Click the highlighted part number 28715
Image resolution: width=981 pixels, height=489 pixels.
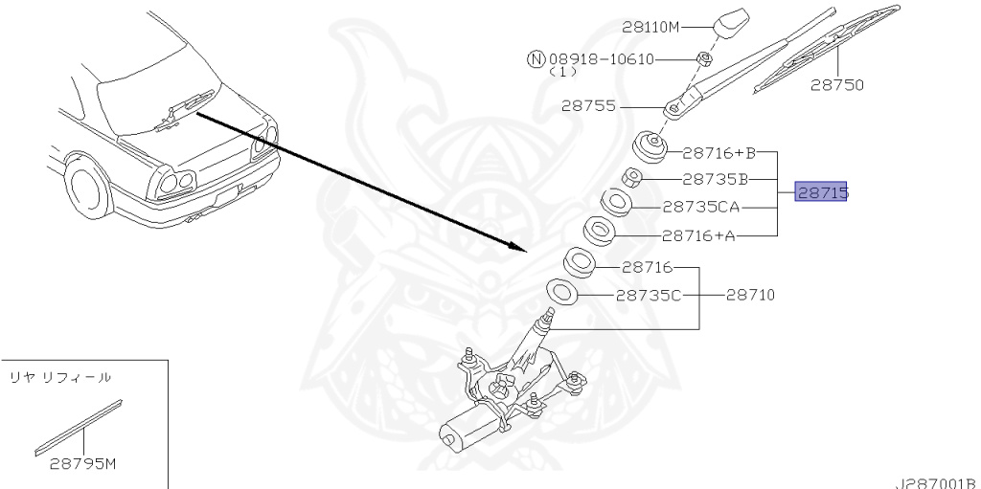tap(821, 192)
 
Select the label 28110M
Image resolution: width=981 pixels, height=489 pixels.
tap(650, 27)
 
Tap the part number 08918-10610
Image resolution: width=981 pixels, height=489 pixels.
tap(602, 59)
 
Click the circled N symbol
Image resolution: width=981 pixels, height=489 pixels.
tap(536, 59)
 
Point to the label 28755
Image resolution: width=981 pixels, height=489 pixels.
tap(588, 105)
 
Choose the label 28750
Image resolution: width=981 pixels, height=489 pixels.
tap(837, 85)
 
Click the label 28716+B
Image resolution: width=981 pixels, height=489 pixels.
tap(719, 152)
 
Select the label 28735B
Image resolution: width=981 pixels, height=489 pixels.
tap(715, 180)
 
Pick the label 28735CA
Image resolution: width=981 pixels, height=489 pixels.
tap(700, 207)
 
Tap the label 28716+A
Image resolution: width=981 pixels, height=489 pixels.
tap(698, 235)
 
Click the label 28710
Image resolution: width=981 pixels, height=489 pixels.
tap(750, 295)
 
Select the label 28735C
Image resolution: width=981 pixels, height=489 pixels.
tap(649, 295)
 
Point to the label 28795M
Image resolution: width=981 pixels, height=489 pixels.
tap(83, 464)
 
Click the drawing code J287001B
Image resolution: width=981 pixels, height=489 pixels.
tap(936, 483)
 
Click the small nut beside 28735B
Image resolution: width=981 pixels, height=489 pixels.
tap(630, 178)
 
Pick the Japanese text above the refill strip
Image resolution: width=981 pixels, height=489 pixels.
tap(60, 377)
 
